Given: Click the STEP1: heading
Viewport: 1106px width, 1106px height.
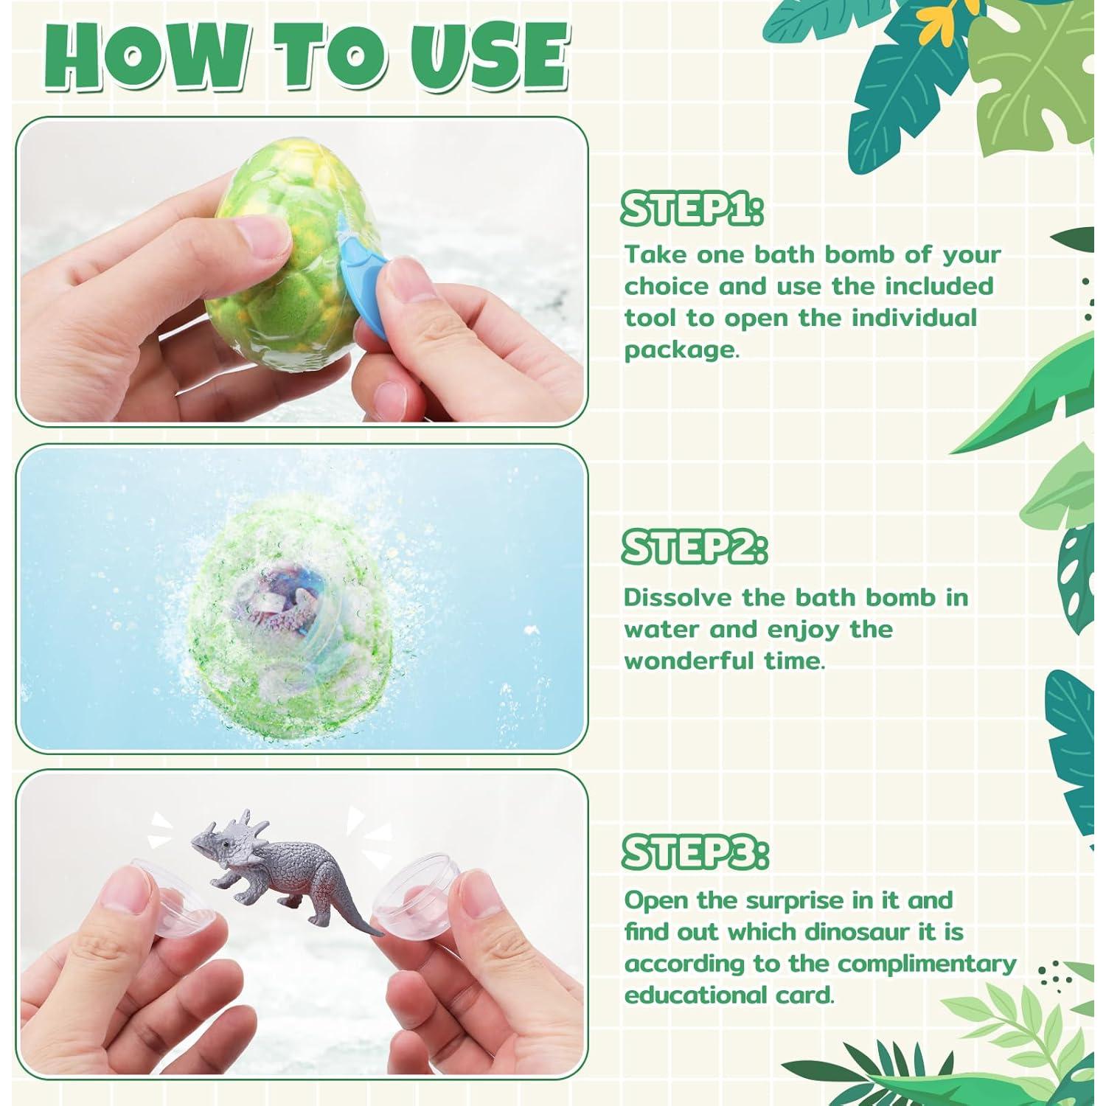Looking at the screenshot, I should click(x=692, y=209).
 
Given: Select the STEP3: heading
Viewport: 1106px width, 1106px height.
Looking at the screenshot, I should click(x=695, y=853).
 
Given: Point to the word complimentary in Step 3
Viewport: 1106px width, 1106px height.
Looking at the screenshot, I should click(x=926, y=964).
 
